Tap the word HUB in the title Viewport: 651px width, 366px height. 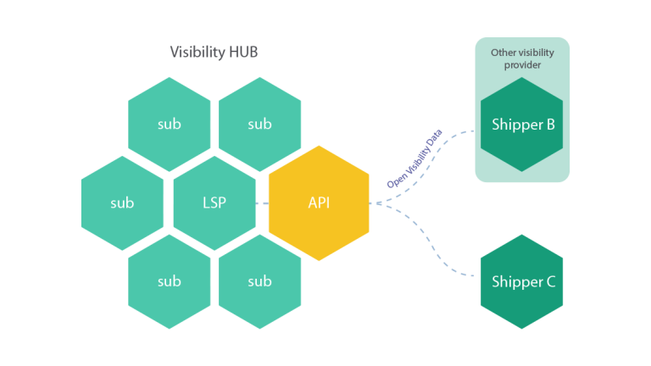point(242,53)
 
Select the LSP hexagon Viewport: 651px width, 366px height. point(214,203)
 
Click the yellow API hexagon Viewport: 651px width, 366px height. point(319,203)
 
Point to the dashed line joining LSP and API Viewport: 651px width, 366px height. point(262,203)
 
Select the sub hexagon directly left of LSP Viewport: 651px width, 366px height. point(122,203)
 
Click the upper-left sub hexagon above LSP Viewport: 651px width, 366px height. point(170,125)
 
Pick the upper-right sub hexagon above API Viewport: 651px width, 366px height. point(260,125)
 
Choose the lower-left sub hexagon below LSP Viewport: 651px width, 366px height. point(170,281)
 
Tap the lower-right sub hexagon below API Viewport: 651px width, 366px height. point(260,281)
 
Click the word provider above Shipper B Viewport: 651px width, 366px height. point(523,64)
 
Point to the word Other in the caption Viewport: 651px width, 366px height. point(503,53)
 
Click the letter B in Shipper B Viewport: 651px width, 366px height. point(549,125)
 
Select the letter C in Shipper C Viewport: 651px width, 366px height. point(549,282)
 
